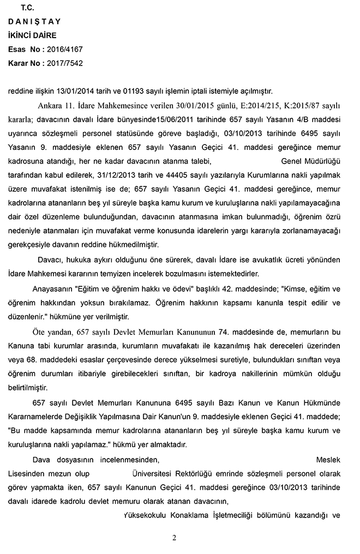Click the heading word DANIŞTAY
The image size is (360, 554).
34,21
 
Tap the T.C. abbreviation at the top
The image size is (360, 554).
27,8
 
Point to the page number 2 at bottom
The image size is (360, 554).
174,538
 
